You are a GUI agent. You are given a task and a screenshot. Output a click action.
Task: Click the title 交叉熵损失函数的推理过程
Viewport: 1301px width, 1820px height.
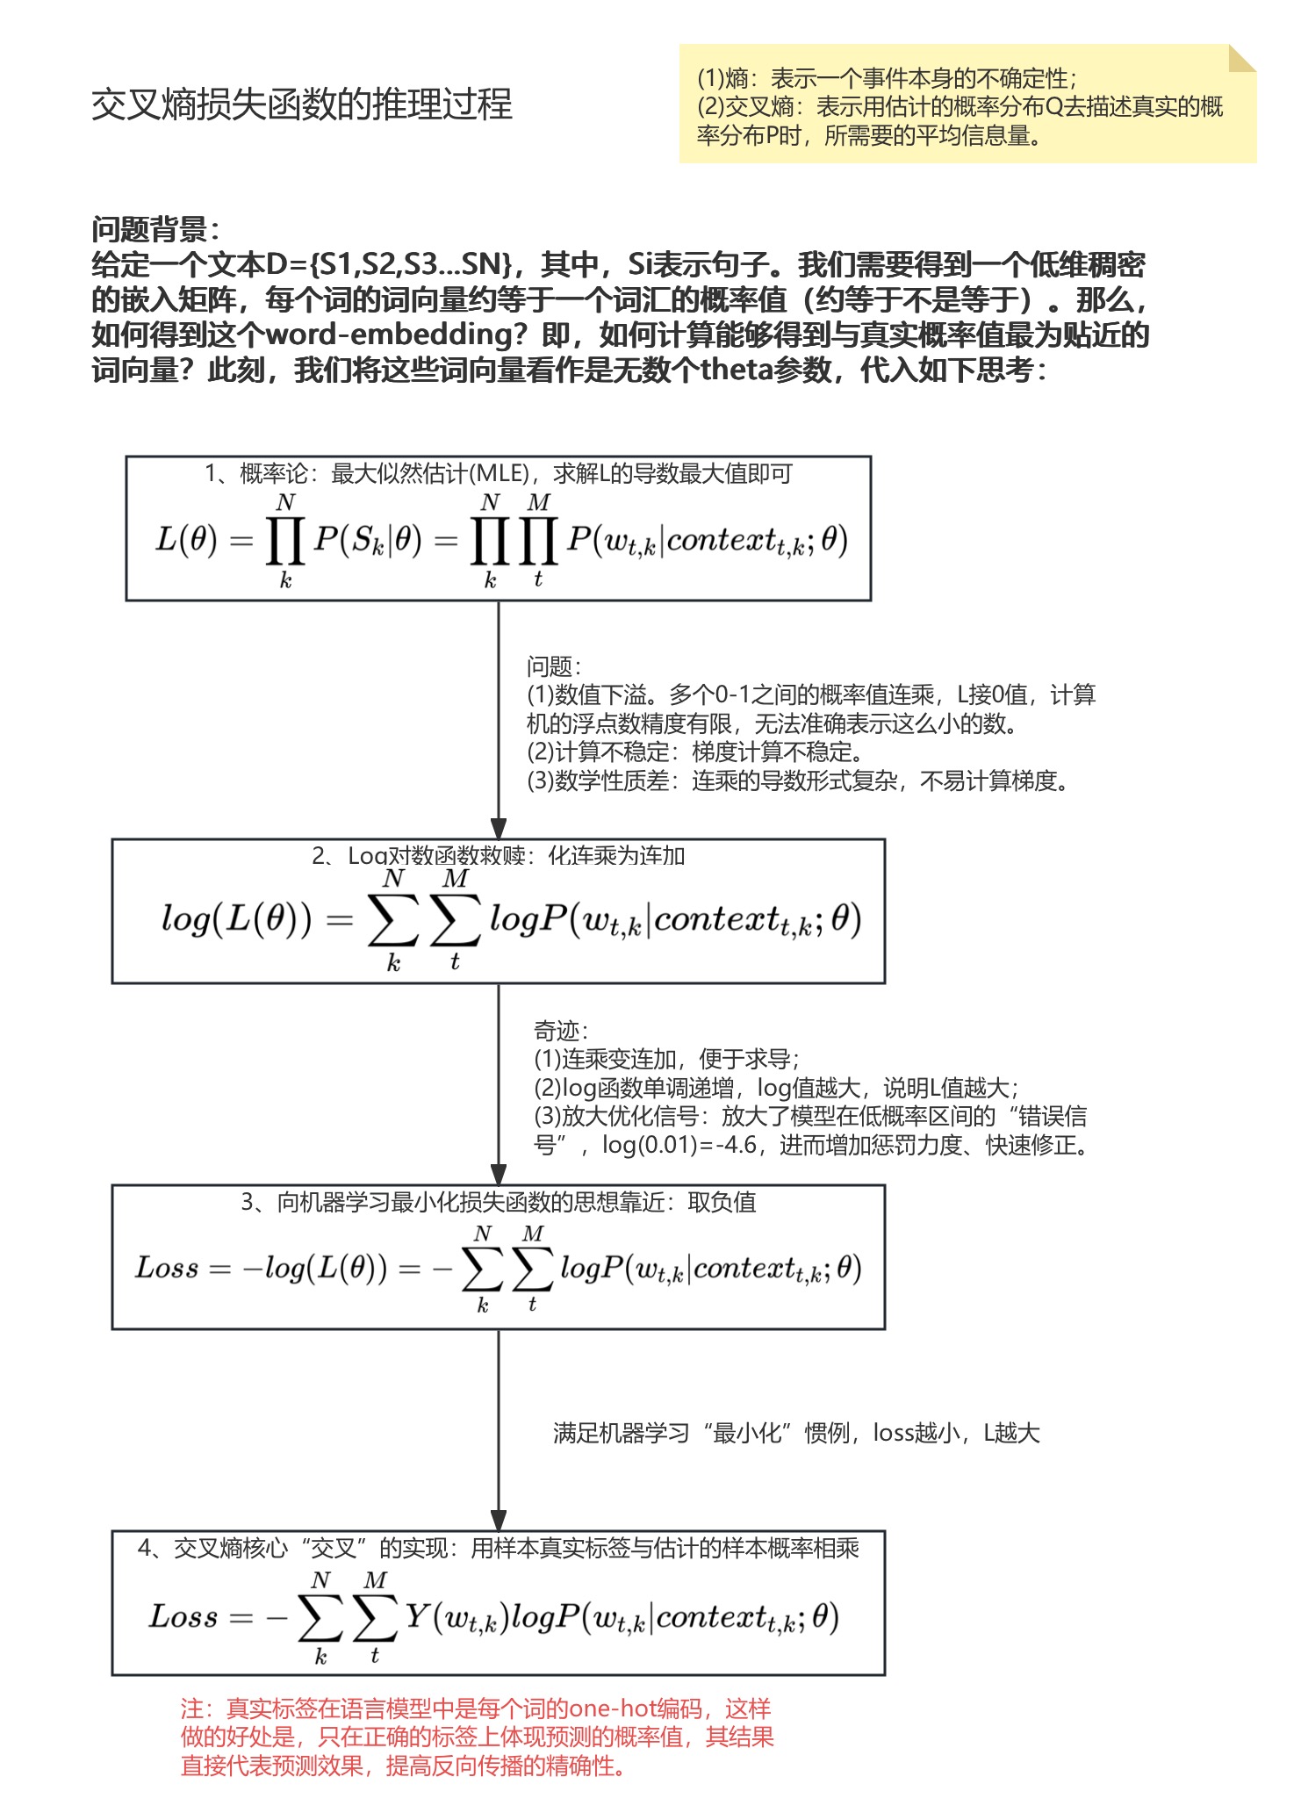pos(301,104)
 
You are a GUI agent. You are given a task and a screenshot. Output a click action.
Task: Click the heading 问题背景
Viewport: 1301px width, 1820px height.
pos(155,230)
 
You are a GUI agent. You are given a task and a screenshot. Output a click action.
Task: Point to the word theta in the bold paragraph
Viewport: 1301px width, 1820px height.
pos(737,370)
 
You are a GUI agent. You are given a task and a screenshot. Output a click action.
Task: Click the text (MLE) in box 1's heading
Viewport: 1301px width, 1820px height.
pos(500,474)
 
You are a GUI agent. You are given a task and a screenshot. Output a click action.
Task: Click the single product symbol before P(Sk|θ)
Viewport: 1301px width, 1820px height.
pos(285,540)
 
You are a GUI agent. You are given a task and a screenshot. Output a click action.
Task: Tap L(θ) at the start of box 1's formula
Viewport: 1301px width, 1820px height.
pos(185,539)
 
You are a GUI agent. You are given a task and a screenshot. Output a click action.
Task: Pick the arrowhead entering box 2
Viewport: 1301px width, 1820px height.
pos(499,828)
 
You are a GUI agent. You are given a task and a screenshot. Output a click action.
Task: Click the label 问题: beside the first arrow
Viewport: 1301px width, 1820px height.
pos(553,666)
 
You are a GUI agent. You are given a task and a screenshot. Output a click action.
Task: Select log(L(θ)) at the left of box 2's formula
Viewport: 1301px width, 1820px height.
pos(236,919)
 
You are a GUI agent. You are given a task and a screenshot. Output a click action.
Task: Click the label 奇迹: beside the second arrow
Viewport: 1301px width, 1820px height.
pos(560,1031)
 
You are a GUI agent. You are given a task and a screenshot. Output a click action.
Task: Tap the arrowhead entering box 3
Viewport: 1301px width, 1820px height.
pos(499,1174)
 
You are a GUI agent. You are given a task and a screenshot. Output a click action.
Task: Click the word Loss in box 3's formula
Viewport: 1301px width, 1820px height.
pos(167,1268)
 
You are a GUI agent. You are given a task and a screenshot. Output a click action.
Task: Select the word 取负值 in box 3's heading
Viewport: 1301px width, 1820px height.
pos(722,1202)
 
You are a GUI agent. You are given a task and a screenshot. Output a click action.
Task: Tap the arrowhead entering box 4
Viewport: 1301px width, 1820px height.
pos(499,1520)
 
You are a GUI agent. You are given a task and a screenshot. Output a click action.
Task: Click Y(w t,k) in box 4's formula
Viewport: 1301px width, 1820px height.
pos(456,1616)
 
